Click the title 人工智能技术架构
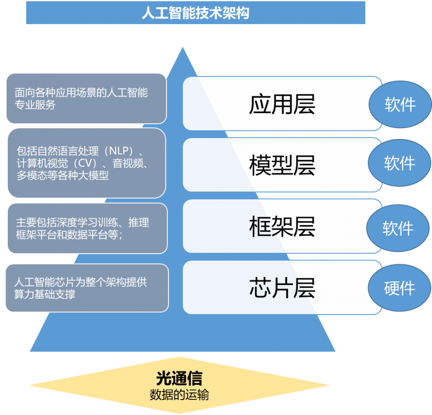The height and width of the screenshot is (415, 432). pos(195,13)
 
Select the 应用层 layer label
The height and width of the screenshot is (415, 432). pos(282,104)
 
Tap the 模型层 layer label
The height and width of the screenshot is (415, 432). pos(282,165)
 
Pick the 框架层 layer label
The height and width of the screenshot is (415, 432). pos(282,226)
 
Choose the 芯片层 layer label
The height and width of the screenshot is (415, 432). pos(282,287)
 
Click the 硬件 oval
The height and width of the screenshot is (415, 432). pos(399,288)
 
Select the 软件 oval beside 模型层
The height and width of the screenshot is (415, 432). pos(399,163)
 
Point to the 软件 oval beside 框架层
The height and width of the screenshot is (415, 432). pos(398,229)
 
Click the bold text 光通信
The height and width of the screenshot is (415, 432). pos(179,378)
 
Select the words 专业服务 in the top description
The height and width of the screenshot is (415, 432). pos(35,105)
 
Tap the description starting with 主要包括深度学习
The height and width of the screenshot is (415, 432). pos(82,229)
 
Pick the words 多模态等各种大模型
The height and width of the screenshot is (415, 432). pos(62,176)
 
